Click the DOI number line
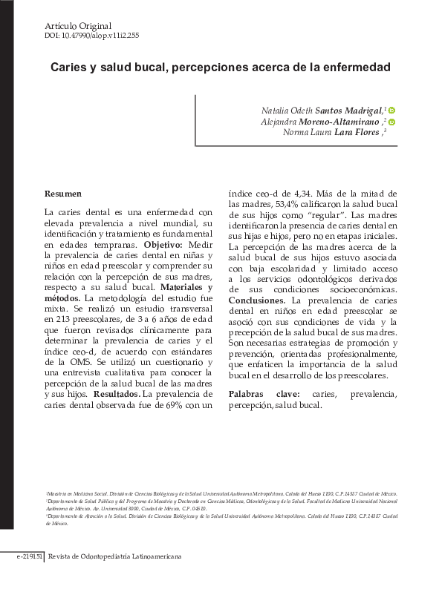pos(92,35)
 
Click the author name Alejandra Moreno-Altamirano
pos(322,122)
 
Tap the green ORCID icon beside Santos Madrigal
pos(391,111)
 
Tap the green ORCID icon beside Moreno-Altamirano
pos(391,122)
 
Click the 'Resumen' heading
pos(62,194)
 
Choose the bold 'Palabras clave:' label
pos(264,395)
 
